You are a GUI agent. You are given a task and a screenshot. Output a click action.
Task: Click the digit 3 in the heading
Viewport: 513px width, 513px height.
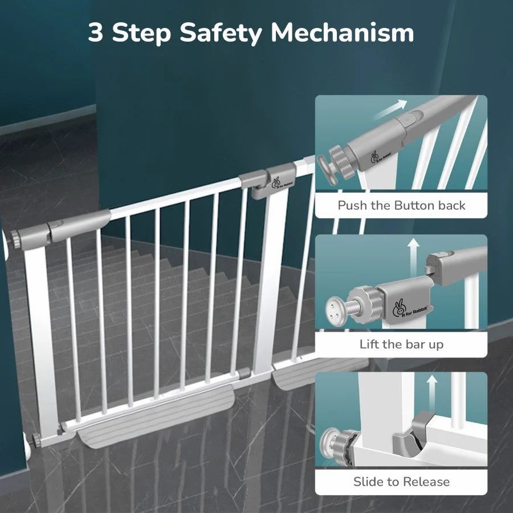point(96,32)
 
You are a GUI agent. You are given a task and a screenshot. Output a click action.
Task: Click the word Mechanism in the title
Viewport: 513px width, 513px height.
point(342,32)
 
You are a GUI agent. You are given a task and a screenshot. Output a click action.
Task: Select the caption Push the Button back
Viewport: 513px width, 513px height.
point(401,205)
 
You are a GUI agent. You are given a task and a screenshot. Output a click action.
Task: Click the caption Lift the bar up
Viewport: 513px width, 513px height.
point(401,344)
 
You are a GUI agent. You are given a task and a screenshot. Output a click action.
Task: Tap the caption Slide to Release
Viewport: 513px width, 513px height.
point(401,482)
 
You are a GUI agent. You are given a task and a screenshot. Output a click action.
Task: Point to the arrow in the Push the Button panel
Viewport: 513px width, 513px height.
point(391,110)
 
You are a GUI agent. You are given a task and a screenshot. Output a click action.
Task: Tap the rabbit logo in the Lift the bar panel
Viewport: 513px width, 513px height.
point(399,309)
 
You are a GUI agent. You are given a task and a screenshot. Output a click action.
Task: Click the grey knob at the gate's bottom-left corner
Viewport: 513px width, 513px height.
point(36,440)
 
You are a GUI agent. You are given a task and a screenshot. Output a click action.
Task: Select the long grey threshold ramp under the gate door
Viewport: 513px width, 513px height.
point(156,416)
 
